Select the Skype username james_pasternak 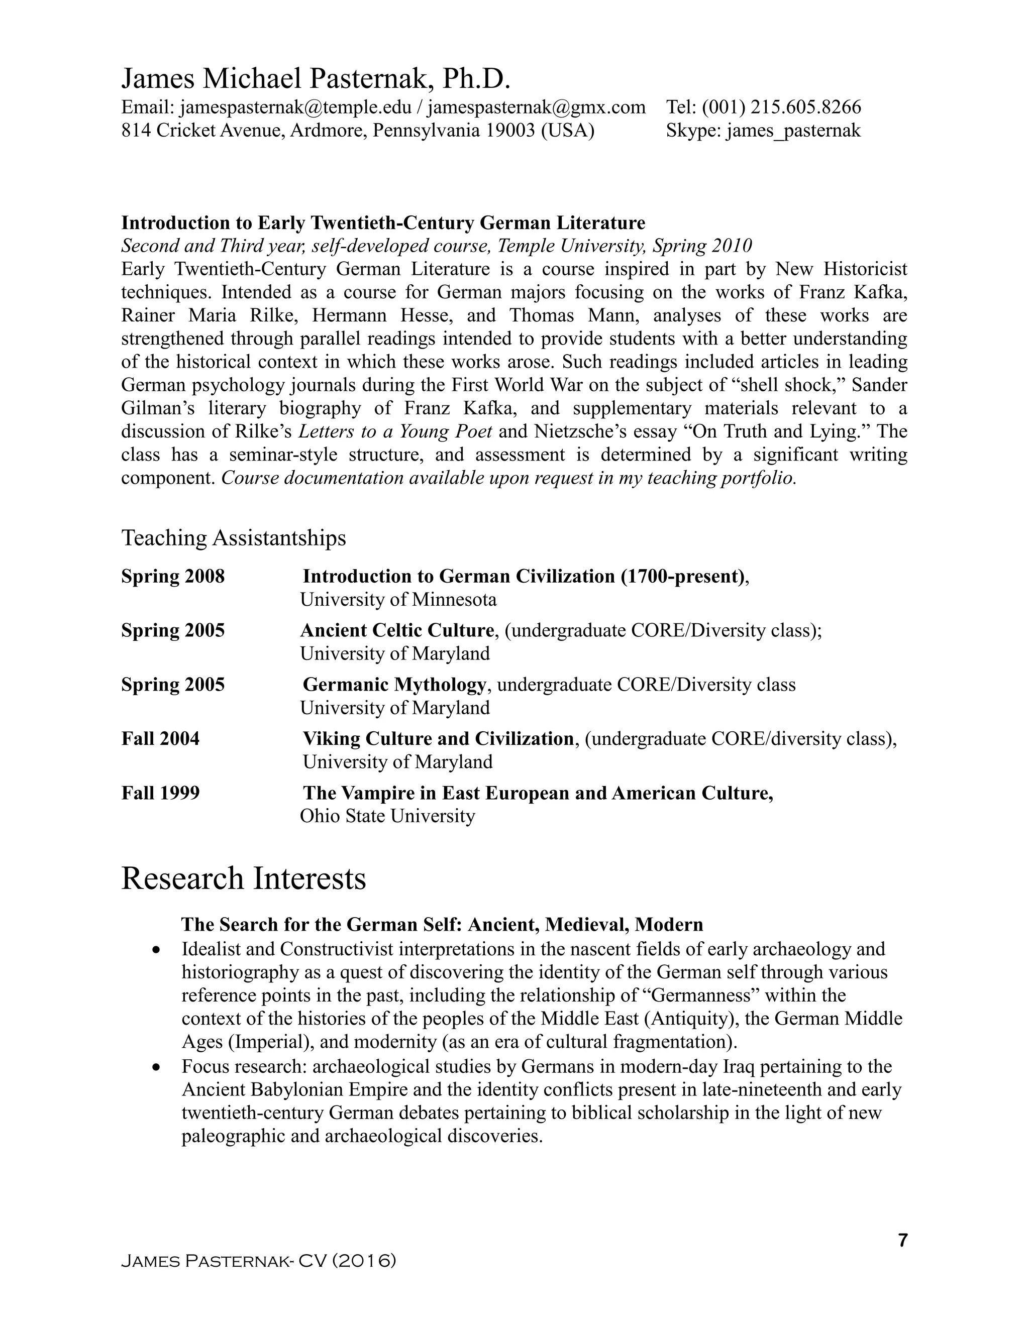pyautogui.click(x=793, y=131)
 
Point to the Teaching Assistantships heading pyautogui.click(x=234, y=538)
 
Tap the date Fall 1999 pyautogui.click(x=160, y=793)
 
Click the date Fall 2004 pyautogui.click(x=160, y=739)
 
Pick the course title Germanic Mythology pyautogui.click(x=394, y=685)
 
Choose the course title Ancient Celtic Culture pyautogui.click(x=397, y=630)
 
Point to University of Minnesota pyautogui.click(x=398, y=600)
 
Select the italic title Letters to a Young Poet pyautogui.click(x=395, y=431)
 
